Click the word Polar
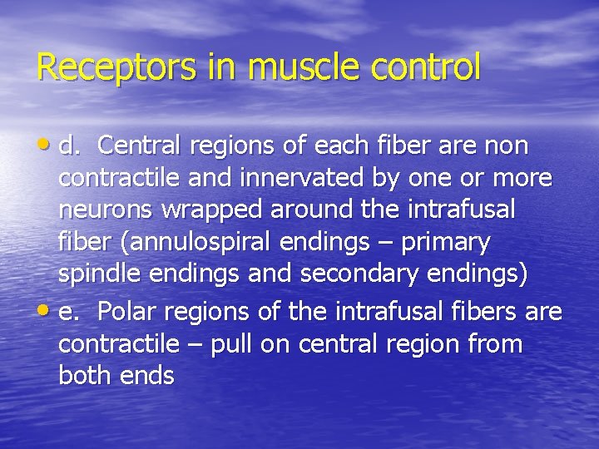(125, 312)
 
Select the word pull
(232, 343)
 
